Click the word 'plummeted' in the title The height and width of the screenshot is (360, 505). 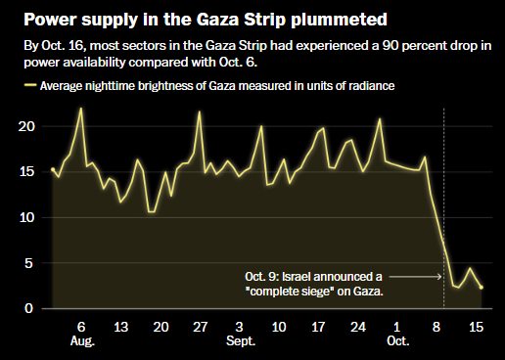(x=339, y=21)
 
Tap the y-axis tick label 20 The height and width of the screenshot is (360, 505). (x=26, y=126)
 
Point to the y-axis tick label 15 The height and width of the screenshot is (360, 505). (x=26, y=172)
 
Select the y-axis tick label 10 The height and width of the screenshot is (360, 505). (x=26, y=217)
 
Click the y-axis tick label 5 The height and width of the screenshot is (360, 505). (x=28, y=263)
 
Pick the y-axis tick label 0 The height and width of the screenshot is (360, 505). (x=28, y=308)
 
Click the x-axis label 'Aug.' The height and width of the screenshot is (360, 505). (x=82, y=341)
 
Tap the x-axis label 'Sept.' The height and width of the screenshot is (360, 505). (x=241, y=341)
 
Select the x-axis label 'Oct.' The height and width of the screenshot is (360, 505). (x=397, y=341)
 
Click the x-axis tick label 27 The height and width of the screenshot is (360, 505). (x=200, y=327)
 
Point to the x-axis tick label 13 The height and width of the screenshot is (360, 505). (x=121, y=327)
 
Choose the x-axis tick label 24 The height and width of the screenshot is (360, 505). (x=358, y=327)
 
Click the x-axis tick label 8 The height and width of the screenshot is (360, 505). (x=436, y=327)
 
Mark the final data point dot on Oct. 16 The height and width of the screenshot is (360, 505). (x=482, y=288)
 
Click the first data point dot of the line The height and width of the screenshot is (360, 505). (x=53, y=169)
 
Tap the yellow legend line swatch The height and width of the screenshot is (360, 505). (x=30, y=85)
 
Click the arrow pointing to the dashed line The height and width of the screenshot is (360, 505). (x=415, y=277)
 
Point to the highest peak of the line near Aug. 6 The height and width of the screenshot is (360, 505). (x=81, y=109)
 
